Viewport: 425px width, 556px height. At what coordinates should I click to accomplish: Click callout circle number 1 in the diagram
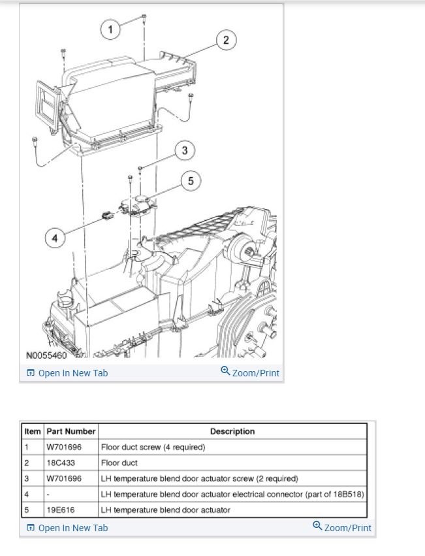(x=111, y=29)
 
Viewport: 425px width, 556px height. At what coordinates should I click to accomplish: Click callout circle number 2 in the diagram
(x=226, y=41)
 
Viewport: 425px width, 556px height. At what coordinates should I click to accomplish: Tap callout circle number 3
(x=185, y=151)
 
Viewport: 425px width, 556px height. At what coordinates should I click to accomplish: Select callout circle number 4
(x=55, y=238)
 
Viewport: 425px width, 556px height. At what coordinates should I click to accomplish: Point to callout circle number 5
(x=191, y=181)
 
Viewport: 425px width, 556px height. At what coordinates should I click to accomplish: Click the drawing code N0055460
(x=46, y=356)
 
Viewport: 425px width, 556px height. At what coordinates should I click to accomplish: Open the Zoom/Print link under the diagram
(x=250, y=373)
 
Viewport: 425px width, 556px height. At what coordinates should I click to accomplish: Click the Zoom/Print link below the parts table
(x=342, y=527)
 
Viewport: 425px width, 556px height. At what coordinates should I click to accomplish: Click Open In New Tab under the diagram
(x=67, y=373)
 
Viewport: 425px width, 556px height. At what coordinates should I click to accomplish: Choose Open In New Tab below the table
(x=67, y=527)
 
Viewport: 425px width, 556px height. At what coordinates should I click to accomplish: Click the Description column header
(x=232, y=431)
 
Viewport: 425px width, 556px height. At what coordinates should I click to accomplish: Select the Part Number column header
(x=71, y=431)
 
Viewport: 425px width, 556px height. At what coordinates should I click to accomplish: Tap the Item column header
(x=33, y=431)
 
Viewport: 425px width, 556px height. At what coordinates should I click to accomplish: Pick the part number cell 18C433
(x=60, y=463)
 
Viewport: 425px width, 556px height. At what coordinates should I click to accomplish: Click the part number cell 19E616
(x=60, y=510)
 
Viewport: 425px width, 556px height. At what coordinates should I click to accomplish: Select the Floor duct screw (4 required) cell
(x=153, y=447)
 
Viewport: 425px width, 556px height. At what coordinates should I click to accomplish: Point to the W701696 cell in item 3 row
(x=64, y=478)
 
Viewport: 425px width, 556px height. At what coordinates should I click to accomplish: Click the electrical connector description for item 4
(x=232, y=494)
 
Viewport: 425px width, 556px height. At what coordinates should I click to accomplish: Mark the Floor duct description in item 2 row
(x=119, y=463)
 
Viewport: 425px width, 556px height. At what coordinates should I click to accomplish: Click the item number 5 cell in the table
(x=27, y=510)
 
